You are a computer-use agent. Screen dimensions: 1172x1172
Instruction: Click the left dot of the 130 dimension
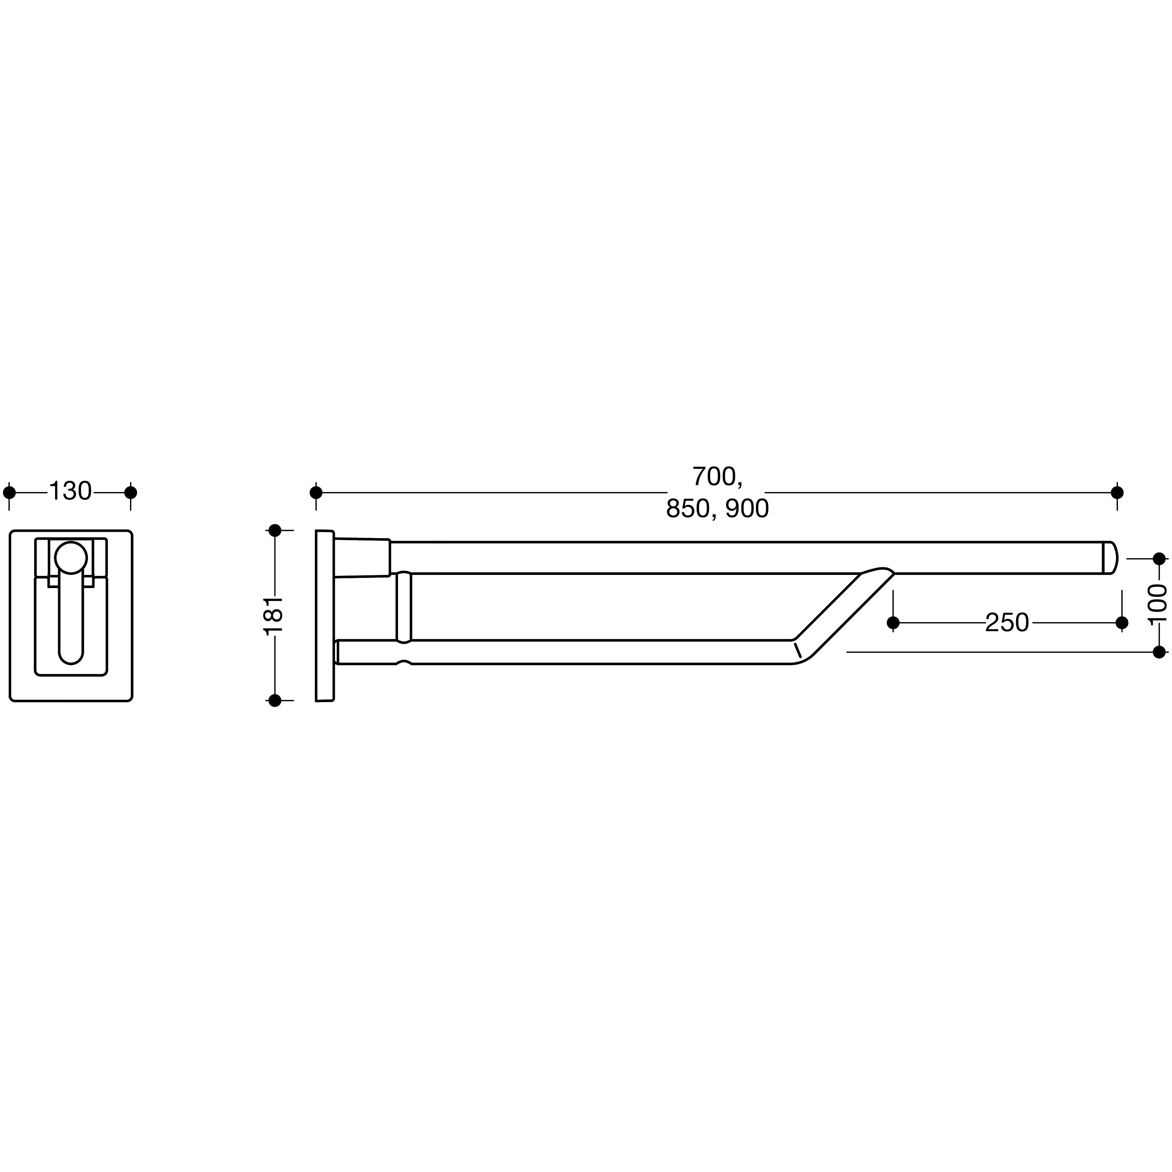(x=10, y=492)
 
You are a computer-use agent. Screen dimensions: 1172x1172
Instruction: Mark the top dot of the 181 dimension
(x=275, y=530)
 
